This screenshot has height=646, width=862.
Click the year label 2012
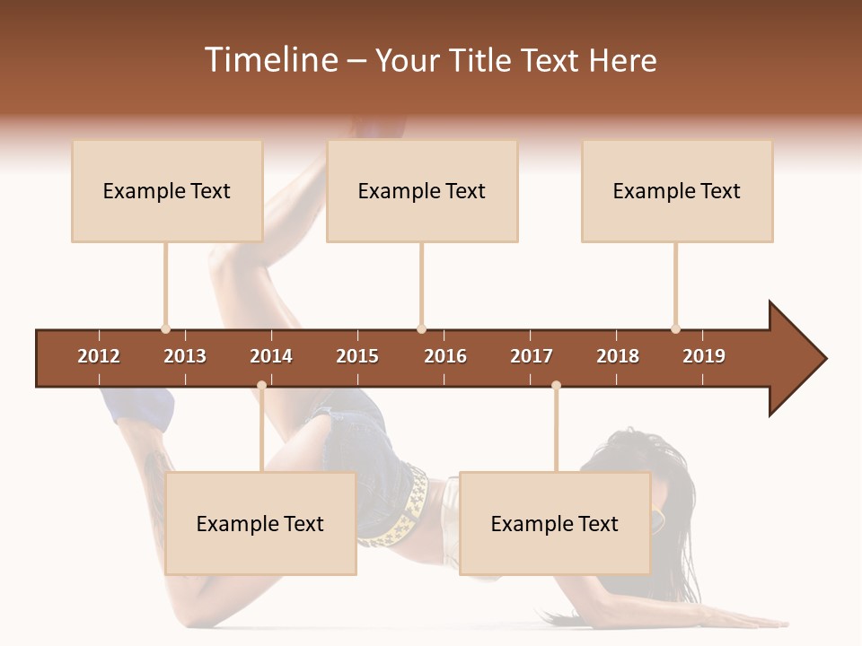pos(99,356)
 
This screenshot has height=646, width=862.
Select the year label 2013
pos(185,356)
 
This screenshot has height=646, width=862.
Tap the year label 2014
pos(271,356)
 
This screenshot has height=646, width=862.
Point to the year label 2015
pos(357,356)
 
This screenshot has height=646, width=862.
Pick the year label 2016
pos(445,356)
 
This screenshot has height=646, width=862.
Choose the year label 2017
pos(532,356)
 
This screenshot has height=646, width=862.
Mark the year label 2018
pos(618,356)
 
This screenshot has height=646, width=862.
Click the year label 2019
pos(704,356)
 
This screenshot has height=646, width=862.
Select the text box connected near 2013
pos(167,191)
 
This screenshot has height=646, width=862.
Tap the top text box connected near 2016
pos(422,191)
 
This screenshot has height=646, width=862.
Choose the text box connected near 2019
pos(677,191)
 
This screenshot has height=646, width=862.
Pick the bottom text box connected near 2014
pos(260,524)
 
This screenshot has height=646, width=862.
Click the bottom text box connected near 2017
pos(555,524)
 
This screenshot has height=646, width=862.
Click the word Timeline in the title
pos(270,60)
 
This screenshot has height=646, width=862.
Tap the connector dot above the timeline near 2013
pos(166,329)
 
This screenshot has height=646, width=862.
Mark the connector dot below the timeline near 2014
pos(261,386)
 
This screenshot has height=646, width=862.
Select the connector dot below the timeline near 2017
pos(556,386)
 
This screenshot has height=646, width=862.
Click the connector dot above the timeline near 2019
pos(676,329)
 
